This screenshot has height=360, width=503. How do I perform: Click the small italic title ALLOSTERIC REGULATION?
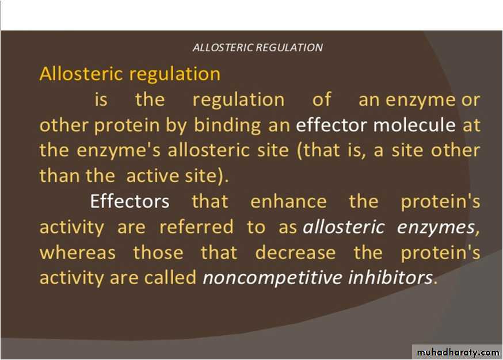pos(258,48)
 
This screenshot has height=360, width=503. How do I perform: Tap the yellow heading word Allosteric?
pos(82,74)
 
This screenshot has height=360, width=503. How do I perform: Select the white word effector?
pos(331,125)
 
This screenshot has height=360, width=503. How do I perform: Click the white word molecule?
pos(414,125)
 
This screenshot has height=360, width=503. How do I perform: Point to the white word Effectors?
pos(129,201)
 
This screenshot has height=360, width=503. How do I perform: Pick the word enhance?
pos(288,201)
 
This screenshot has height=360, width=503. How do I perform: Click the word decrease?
pos(295,252)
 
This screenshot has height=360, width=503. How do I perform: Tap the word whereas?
pos(77,252)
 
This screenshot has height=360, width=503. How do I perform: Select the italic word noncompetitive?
pos(272,278)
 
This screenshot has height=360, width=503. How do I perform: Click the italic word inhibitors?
pos(390,277)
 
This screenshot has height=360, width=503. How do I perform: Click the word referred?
pos(196,227)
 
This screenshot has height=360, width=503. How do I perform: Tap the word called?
pos(170,277)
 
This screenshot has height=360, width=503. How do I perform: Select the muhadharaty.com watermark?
pos(458,353)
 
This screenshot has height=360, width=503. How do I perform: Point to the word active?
pos(152,175)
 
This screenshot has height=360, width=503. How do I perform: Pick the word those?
pos(158,252)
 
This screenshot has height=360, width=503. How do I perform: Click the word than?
pos(59,175)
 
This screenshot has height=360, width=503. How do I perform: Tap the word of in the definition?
pos(322,99)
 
